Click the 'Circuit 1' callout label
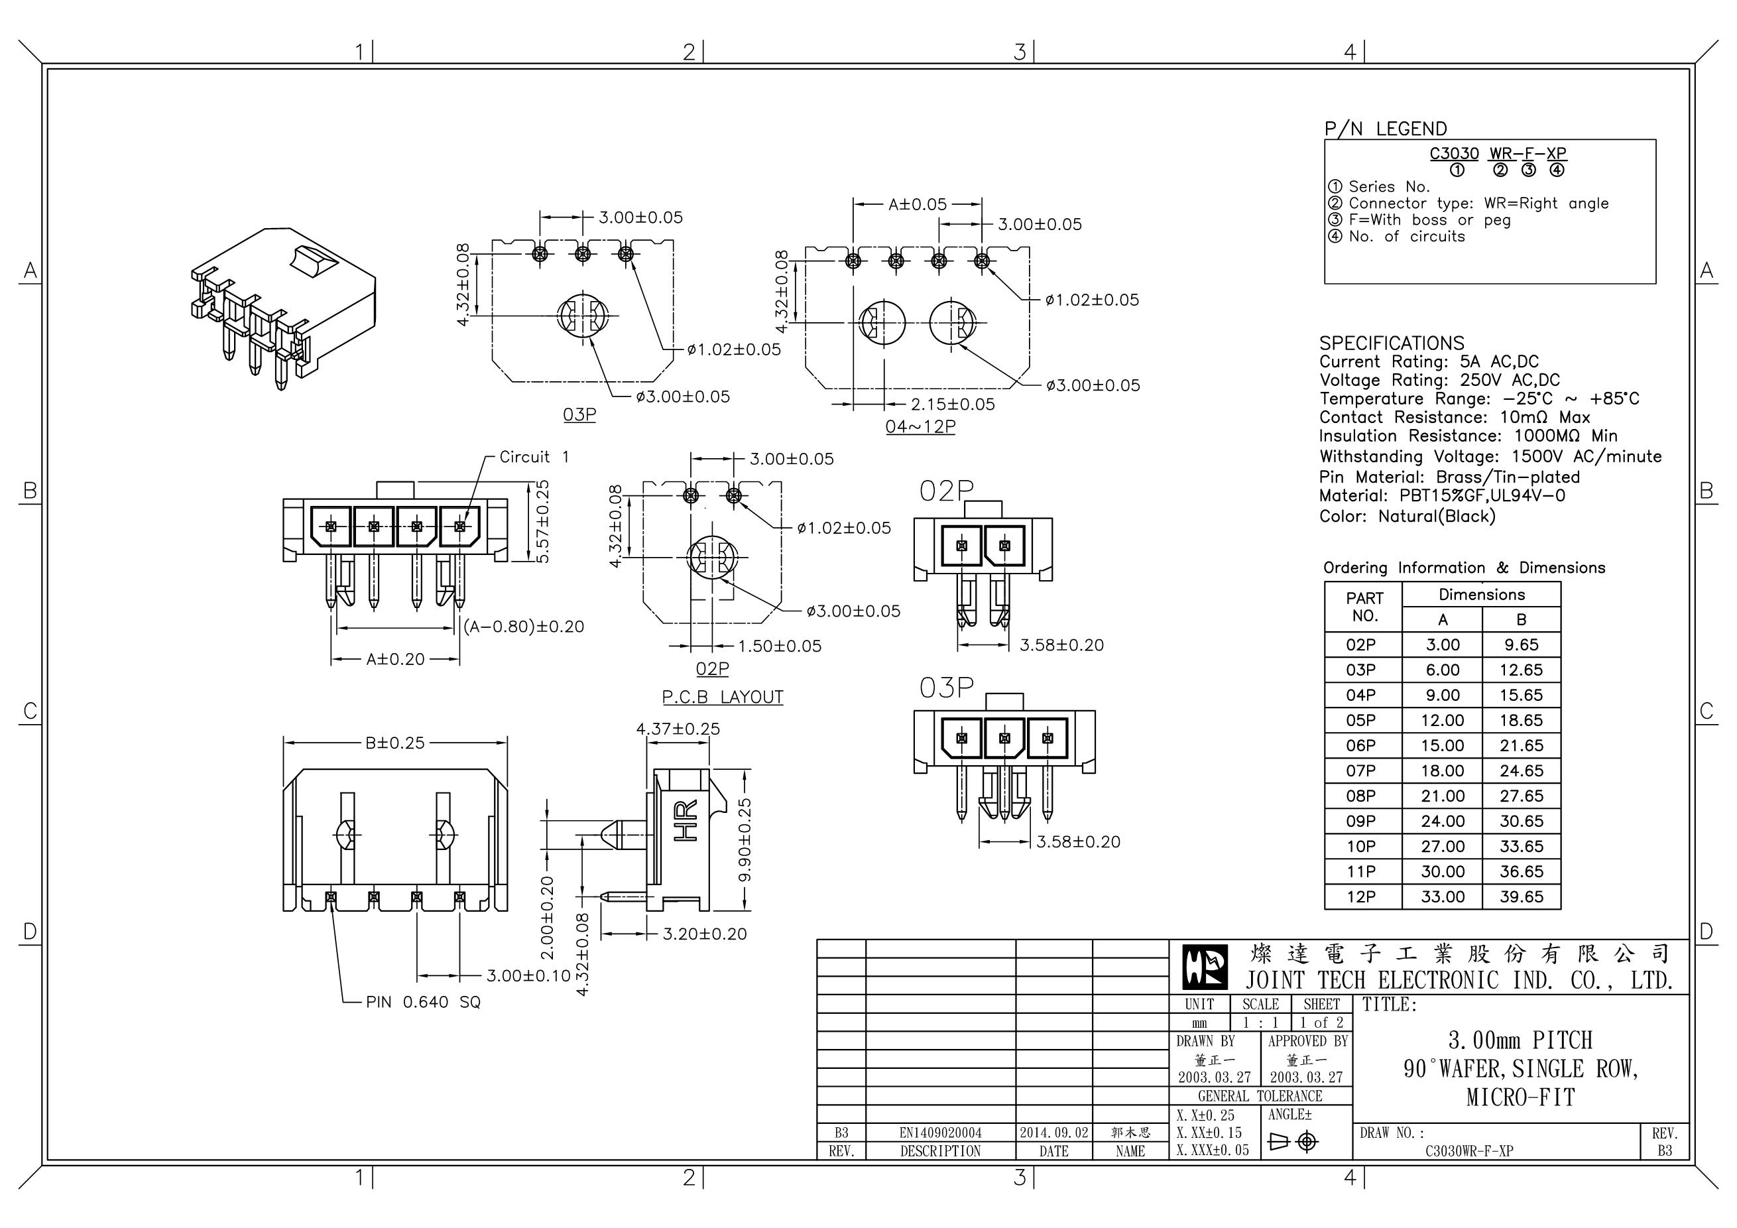pyautogui.click(x=534, y=457)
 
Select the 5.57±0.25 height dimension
pyautogui.click(x=542, y=522)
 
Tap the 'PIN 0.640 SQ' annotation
pyautogui.click(x=423, y=1003)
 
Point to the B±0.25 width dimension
pyautogui.click(x=395, y=743)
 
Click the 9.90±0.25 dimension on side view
pyautogui.click(x=745, y=840)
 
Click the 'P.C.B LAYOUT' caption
pyautogui.click(x=723, y=697)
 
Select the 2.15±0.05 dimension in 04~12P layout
pyautogui.click(x=953, y=404)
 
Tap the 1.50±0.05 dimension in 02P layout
pyautogui.click(x=779, y=646)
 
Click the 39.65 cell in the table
pyautogui.click(x=1521, y=896)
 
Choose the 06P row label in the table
pyautogui.click(x=1360, y=745)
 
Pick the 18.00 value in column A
pyautogui.click(x=1442, y=771)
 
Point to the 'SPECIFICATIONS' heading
pyautogui.click(x=1392, y=343)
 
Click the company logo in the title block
pyautogui.click(x=1205, y=967)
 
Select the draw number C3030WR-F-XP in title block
pyautogui.click(x=1469, y=1151)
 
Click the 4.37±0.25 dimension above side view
pyautogui.click(x=678, y=729)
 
